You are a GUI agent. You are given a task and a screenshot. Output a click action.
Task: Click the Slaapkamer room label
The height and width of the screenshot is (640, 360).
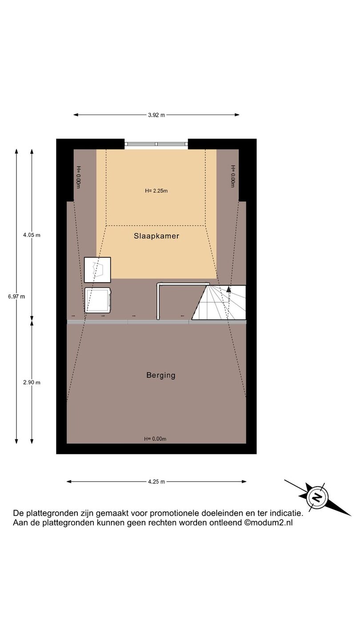point(156,236)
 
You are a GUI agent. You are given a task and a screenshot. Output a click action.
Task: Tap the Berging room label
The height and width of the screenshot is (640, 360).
point(160,376)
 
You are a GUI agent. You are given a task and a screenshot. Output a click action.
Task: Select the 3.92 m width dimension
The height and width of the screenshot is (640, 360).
point(156,115)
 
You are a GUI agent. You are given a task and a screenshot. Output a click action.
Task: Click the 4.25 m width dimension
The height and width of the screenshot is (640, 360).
point(156,482)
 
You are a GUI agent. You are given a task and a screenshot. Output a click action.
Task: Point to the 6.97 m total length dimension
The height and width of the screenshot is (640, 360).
point(16,296)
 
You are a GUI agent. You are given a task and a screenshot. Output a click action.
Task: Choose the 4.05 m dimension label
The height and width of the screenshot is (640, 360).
point(32,235)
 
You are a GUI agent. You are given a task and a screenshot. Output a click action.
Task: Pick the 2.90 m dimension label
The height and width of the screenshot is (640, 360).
point(32,383)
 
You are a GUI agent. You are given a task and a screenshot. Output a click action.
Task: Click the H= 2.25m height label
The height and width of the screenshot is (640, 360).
point(156,191)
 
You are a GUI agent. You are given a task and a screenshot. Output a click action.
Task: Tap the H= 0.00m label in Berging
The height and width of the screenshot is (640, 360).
point(155,439)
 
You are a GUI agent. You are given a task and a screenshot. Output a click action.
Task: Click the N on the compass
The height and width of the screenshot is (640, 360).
point(317,497)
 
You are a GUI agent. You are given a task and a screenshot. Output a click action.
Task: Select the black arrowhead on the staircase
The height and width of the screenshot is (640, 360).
point(228,289)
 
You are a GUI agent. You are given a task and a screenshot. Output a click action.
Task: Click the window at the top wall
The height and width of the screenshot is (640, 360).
point(156,144)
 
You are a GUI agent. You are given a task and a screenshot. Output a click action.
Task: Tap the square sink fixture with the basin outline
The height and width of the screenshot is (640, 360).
point(97,270)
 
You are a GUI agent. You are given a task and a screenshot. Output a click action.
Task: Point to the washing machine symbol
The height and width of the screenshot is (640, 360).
point(98,300)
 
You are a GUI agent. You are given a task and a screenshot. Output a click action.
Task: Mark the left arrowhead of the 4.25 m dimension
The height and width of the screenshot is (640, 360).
point(69,482)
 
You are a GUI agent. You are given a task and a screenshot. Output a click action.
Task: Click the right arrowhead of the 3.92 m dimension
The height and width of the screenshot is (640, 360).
point(237,115)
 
